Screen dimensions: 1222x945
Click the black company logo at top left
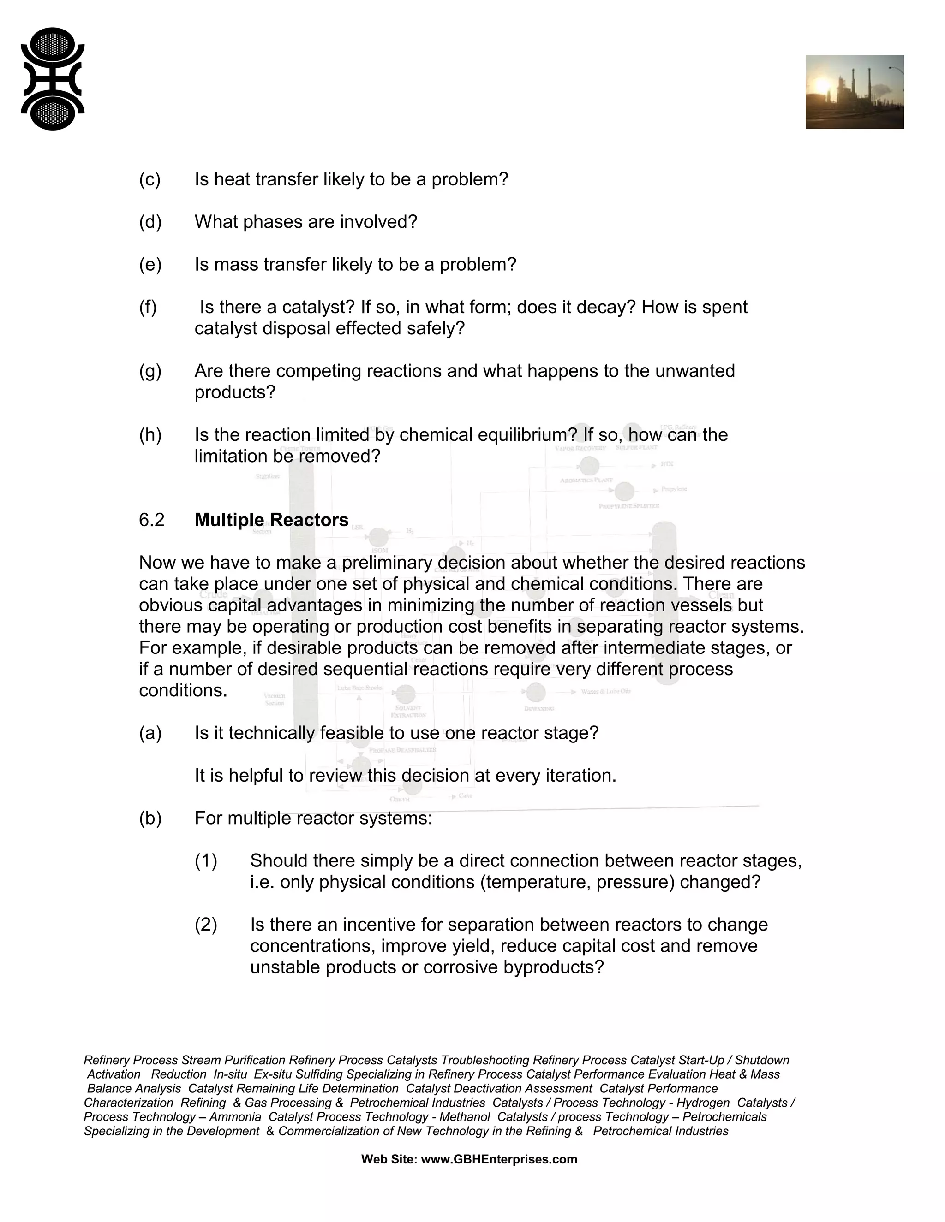pos(53,79)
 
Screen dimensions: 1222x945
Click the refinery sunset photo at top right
pos(854,92)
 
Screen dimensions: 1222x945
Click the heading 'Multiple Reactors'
pos(271,520)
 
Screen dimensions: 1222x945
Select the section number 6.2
pos(152,520)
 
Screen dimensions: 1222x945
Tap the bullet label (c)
pos(150,179)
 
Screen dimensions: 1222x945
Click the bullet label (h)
pos(150,435)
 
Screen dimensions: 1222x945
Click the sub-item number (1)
pos(206,860)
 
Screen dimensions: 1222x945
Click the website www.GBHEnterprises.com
pos(498,1159)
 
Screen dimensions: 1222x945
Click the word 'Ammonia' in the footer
pos(235,1117)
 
